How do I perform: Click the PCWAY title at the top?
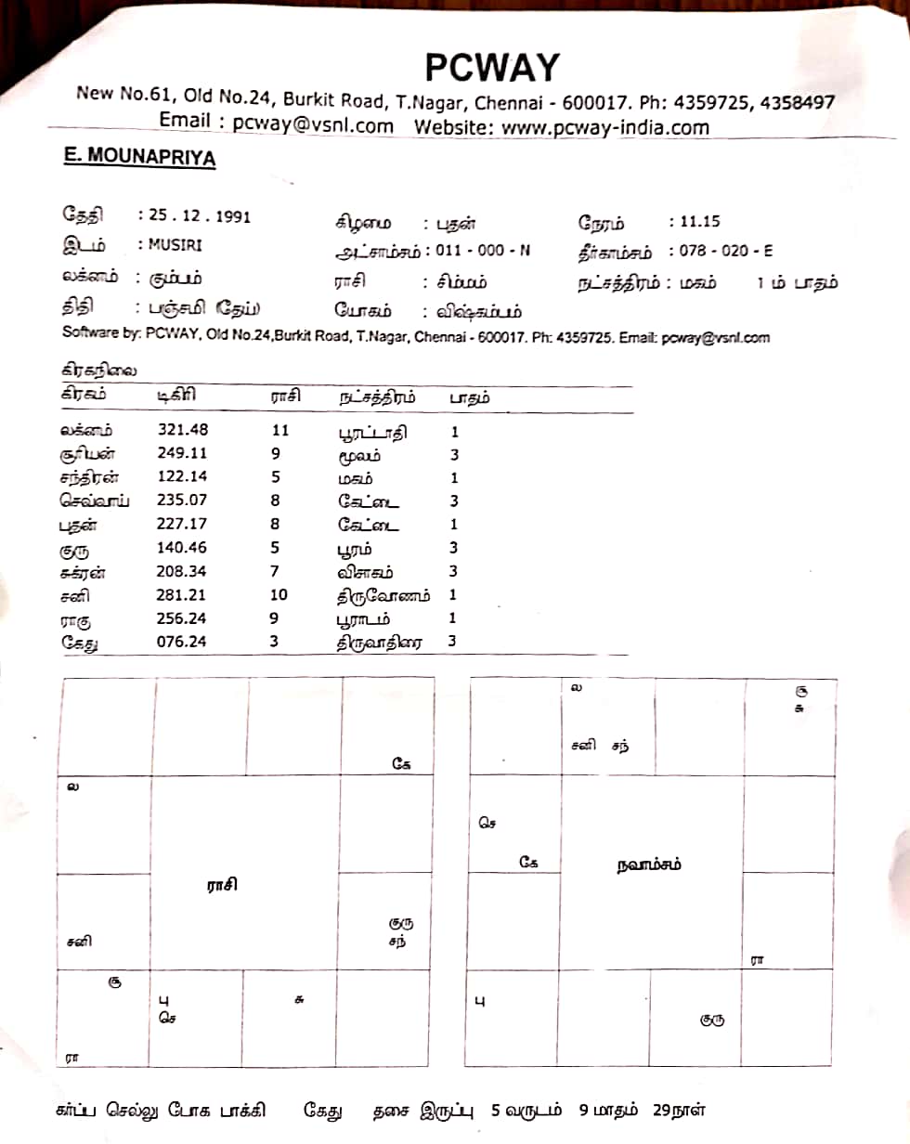tap(492, 67)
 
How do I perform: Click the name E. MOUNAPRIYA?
tap(139, 158)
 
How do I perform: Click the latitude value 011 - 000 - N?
tap(485, 252)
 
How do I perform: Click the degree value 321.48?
tap(183, 431)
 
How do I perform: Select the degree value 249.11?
tap(183, 454)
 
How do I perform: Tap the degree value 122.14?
tap(183, 477)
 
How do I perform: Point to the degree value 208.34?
tap(183, 571)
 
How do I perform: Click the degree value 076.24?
tap(183, 642)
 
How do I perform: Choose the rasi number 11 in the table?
tap(279, 431)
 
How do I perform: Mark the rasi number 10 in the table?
tap(279, 594)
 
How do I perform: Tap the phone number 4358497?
tap(796, 103)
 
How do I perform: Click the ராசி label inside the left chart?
tap(222, 885)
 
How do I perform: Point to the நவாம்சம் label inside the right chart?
tap(649, 864)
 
